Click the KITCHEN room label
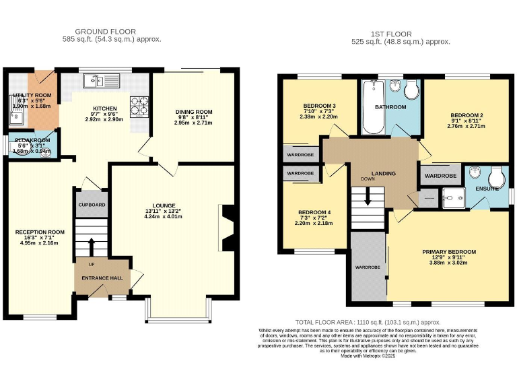coord(105,108)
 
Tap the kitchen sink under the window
coord(98,82)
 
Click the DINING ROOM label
coord(194,112)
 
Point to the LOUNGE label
coord(164,205)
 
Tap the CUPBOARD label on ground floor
coord(92,204)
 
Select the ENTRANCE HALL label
coord(102,278)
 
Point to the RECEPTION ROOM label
coord(40,232)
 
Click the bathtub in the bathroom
coord(371,108)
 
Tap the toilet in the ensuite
coord(497,178)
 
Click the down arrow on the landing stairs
coord(367,197)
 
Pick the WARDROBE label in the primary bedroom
coord(368,267)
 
